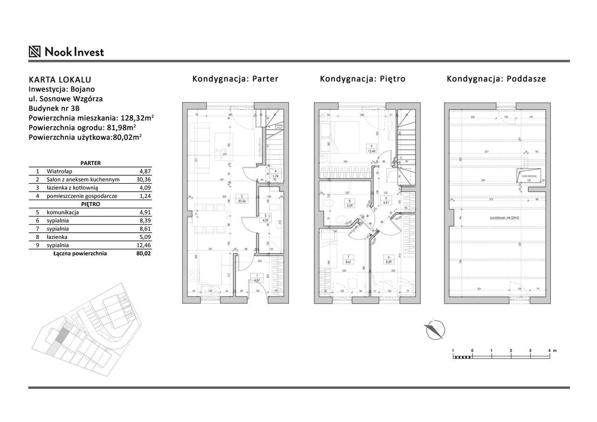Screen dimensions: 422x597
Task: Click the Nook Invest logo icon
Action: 35,51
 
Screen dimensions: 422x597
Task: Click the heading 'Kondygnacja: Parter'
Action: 235,79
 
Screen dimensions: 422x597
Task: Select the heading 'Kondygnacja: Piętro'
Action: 362,79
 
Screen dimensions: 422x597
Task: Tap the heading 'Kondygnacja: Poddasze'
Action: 496,79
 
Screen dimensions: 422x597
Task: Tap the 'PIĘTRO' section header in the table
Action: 90,204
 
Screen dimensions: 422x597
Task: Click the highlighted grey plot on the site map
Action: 60,334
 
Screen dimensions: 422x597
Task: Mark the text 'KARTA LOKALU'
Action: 60,79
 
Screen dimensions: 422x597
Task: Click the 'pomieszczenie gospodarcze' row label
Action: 81,196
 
